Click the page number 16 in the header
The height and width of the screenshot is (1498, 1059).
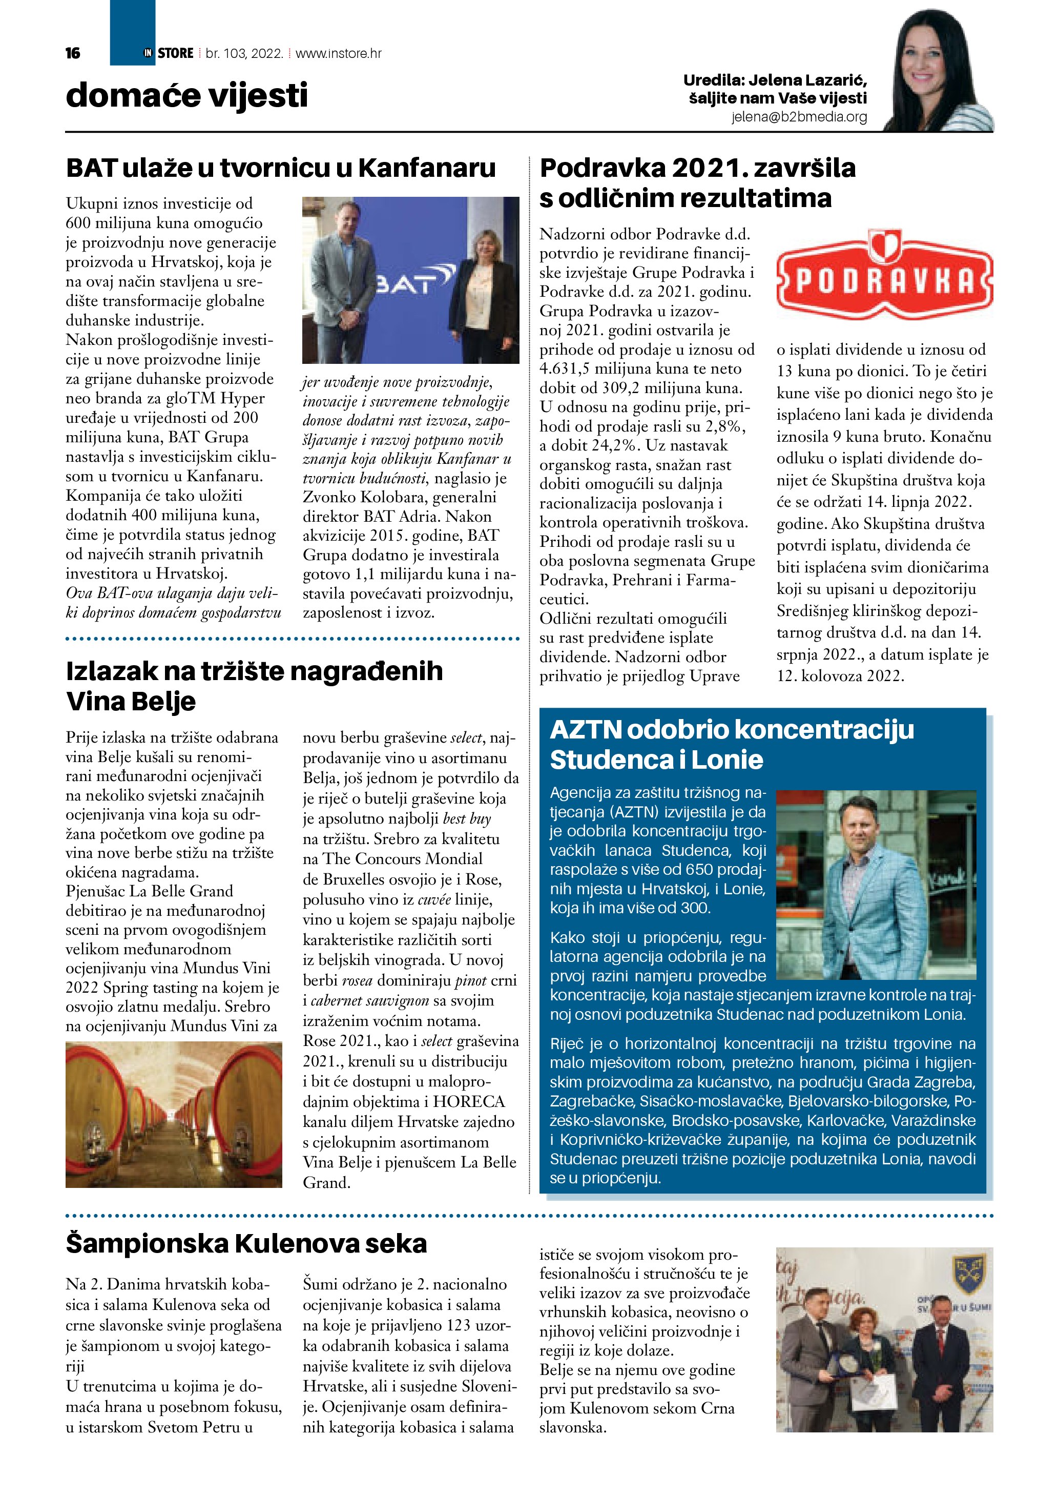point(73,53)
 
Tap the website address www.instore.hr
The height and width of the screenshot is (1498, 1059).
point(339,53)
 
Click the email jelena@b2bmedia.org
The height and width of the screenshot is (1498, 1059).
point(799,117)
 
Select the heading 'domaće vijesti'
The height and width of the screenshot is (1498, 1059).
point(186,95)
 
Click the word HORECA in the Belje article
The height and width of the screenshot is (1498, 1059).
point(469,1102)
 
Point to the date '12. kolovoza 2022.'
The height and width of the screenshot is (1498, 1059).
point(840,676)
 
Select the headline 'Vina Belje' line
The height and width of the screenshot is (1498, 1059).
point(131,702)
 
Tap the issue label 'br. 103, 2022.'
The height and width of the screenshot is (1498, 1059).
point(244,53)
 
